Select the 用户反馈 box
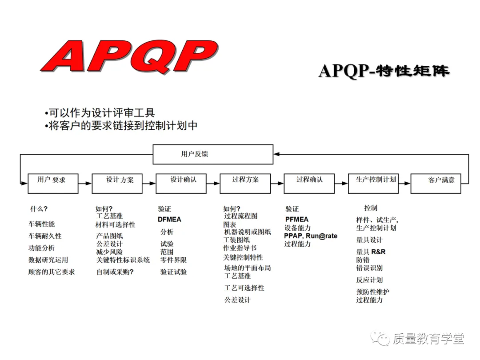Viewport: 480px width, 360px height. [213, 154]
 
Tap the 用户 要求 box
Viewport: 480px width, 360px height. [53, 183]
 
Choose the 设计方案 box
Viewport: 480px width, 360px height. [117, 183]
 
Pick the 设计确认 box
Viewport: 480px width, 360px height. [181, 183]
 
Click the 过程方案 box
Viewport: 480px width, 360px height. [245, 183]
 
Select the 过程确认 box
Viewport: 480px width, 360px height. [309, 183]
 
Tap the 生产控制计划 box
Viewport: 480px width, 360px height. [373, 183]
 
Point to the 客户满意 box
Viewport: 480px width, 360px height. [436, 183]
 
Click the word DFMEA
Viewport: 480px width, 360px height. [169, 220]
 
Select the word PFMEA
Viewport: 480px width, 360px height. [297, 219]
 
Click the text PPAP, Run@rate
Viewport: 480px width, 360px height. [311, 236]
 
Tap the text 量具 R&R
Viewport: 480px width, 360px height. [371, 252]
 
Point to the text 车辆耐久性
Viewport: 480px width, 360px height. [45, 236]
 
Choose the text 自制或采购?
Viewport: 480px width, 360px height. [115, 272]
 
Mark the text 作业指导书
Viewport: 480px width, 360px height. [240, 248]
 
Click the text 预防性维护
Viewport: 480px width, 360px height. [372, 292]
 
